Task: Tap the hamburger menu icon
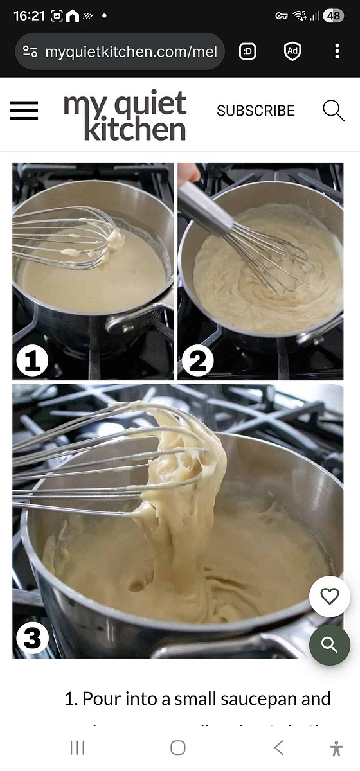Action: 24,111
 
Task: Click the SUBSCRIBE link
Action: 255,111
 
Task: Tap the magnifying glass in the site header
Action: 334,111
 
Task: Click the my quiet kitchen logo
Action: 125,116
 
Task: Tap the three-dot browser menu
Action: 337,51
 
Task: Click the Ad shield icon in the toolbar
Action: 292,51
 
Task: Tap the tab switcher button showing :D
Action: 248,51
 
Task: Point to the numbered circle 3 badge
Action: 32,638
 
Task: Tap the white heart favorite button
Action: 329,597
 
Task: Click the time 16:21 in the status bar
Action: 28,16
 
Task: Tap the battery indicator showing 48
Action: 333,16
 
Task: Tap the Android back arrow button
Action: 278,747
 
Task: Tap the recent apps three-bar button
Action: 77,747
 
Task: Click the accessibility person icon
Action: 336,748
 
